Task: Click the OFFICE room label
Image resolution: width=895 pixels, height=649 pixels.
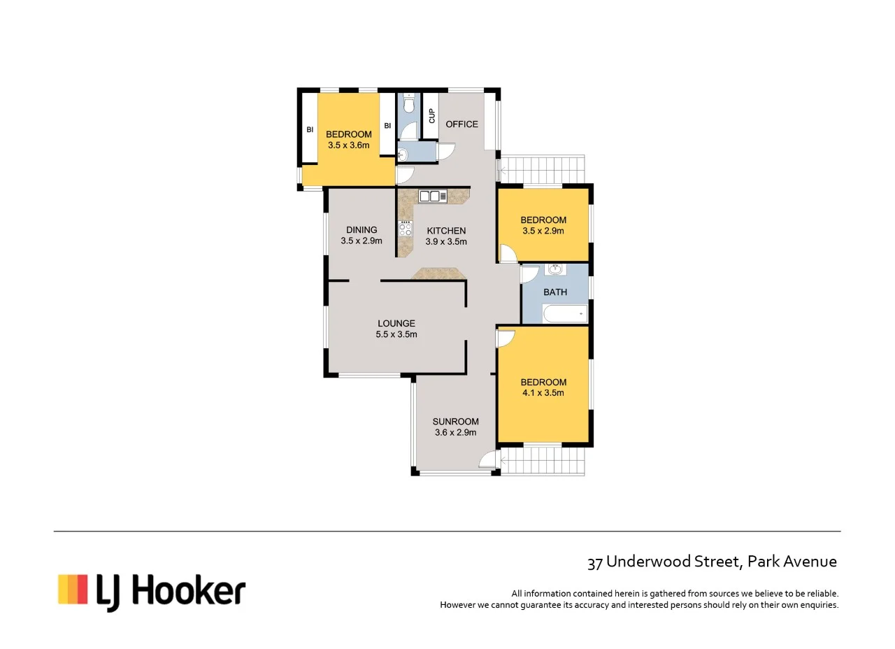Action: (x=461, y=124)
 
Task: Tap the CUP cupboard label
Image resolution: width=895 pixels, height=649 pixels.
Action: (x=431, y=116)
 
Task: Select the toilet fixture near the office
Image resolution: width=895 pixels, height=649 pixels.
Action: (x=409, y=105)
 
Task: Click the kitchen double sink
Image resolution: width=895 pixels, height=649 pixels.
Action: (x=433, y=197)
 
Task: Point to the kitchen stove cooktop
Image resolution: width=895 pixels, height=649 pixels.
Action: (x=405, y=228)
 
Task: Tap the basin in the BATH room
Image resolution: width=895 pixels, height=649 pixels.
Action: (x=555, y=269)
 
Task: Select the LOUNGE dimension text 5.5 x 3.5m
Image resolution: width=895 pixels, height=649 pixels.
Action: (x=396, y=334)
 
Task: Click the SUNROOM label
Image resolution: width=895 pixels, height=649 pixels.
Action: (x=455, y=422)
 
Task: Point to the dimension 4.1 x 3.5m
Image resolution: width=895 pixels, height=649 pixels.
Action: (x=543, y=393)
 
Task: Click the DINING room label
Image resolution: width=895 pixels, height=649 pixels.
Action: (x=361, y=230)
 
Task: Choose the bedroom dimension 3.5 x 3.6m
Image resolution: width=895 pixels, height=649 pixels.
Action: (x=348, y=145)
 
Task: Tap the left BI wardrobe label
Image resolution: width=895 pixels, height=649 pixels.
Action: (x=309, y=129)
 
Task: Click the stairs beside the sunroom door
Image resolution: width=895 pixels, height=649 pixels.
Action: (x=543, y=462)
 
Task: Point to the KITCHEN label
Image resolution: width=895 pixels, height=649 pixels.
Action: (x=446, y=231)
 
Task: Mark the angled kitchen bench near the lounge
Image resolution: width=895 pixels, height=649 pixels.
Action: (x=438, y=273)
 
